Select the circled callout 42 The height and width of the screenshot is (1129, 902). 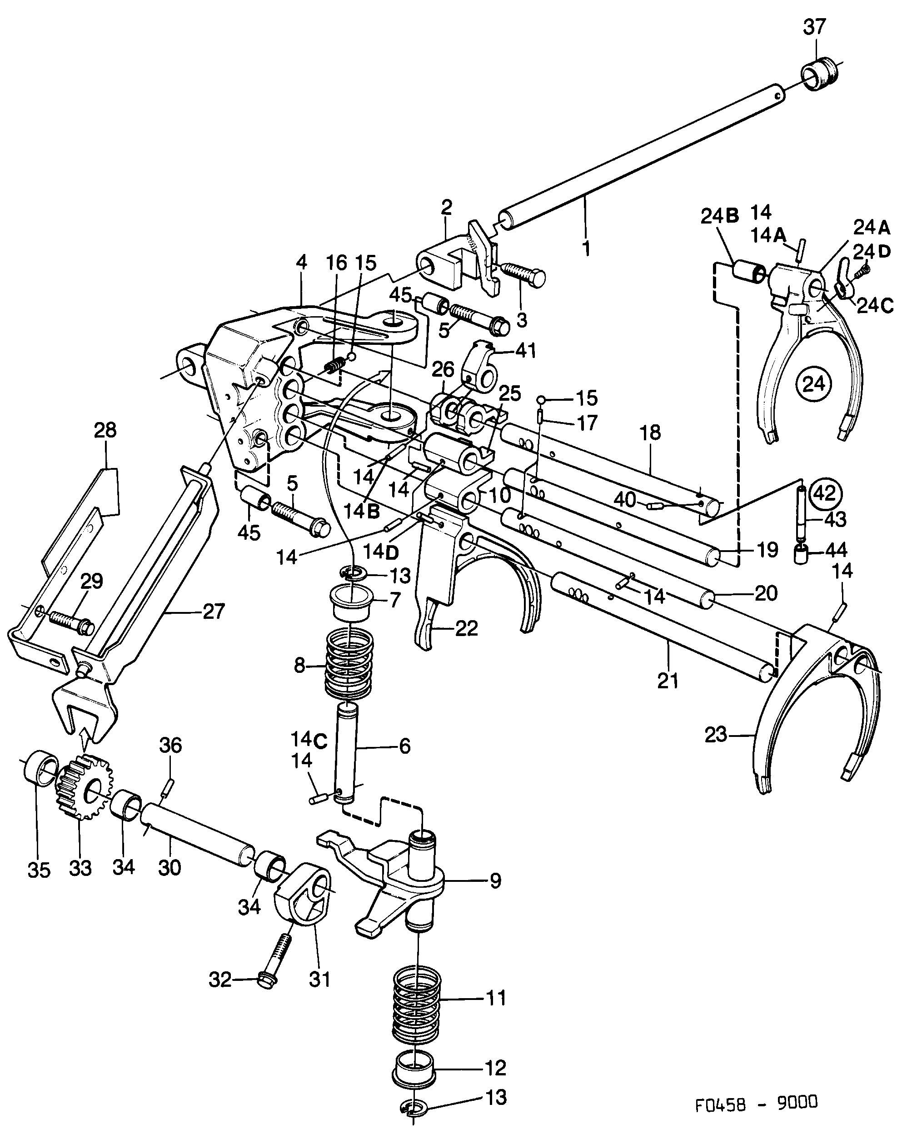point(826,493)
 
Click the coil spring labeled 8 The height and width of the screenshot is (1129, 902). point(349,665)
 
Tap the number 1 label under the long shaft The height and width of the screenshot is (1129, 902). point(586,248)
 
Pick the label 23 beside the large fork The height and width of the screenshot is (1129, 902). point(716,735)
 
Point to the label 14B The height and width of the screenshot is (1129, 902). point(361,511)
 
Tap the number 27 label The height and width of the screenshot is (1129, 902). point(213,611)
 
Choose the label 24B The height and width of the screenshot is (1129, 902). point(719,216)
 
